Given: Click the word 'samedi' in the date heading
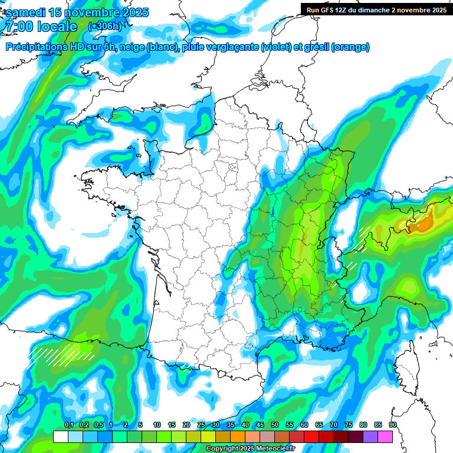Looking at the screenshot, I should [x=25, y=12].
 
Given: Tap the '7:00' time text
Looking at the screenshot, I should [x=17, y=27].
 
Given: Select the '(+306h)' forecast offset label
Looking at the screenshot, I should [x=104, y=27].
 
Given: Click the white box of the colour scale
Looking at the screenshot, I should [x=61, y=437].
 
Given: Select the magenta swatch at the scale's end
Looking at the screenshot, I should [x=385, y=437].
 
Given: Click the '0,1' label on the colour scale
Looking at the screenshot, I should [x=68, y=425].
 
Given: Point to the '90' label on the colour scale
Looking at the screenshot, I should [x=393, y=425].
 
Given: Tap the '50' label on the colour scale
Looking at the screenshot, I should [x=275, y=425].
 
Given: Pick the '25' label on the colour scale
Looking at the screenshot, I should [x=201, y=425].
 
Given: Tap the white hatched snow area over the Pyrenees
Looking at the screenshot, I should [x=62, y=354].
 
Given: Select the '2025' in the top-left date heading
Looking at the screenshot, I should [x=132, y=12].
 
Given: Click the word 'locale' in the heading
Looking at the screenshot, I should [x=57, y=27].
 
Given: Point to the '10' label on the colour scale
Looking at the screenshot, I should [x=157, y=425].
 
